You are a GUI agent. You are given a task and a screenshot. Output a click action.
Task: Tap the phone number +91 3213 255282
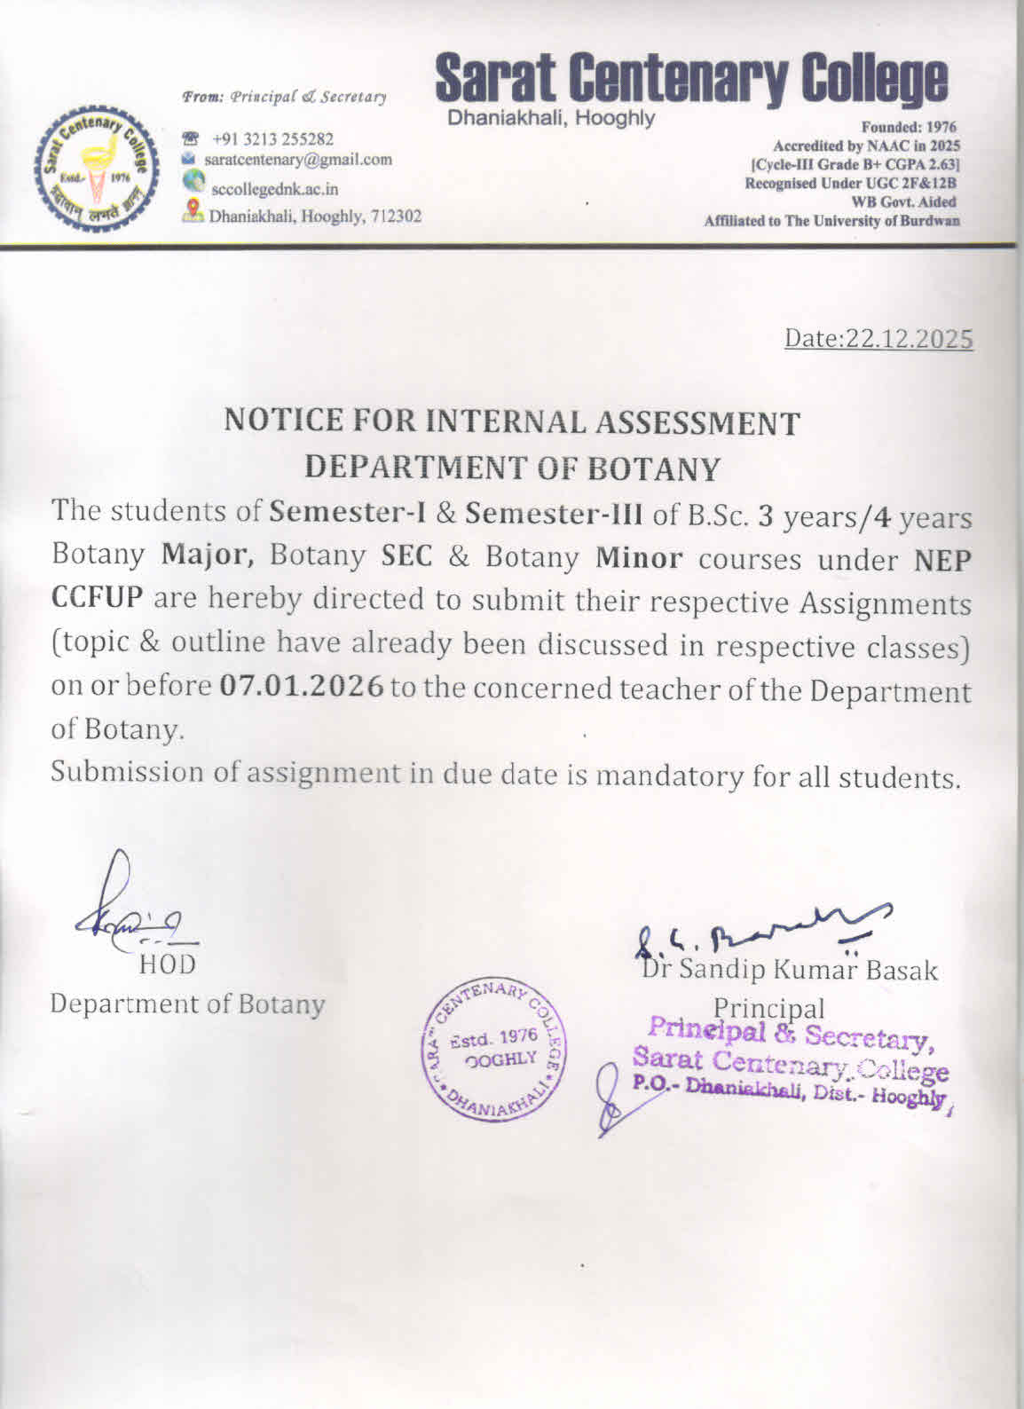click(272, 139)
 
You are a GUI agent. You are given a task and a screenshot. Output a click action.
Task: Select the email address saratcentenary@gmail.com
click(298, 160)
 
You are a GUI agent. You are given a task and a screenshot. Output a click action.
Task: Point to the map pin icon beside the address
click(192, 211)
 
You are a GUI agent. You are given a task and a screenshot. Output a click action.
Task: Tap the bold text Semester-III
click(555, 515)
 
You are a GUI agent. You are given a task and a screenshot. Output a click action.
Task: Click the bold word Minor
click(639, 558)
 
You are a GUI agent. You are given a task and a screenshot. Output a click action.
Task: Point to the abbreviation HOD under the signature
click(167, 964)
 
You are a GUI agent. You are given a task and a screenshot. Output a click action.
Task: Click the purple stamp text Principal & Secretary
click(788, 1034)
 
